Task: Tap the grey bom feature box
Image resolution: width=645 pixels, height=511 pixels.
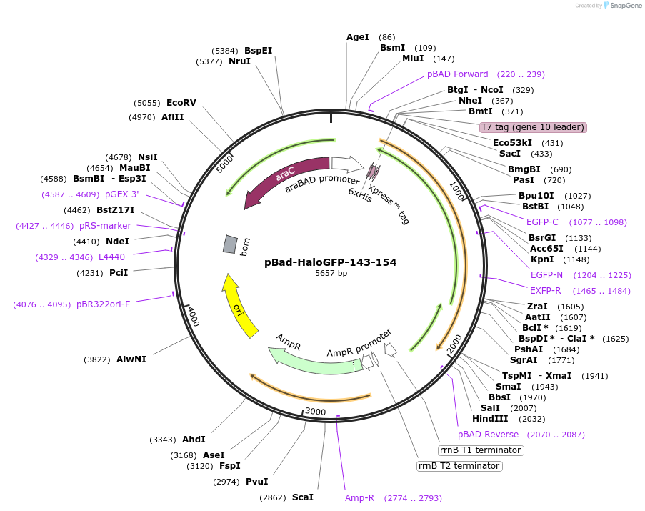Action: click(x=230, y=244)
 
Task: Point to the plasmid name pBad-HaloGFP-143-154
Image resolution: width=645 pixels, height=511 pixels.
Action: click(x=330, y=262)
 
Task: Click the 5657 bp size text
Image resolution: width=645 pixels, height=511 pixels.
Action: click(x=331, y=274)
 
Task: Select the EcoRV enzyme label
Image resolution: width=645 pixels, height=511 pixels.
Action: click(x=181, y=103)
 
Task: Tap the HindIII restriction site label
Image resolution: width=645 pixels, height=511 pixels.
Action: click(x=490, y=419)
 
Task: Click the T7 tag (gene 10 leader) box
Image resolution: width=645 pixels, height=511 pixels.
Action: click(x=533, y=127)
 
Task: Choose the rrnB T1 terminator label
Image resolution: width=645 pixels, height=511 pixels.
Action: click(x=481, y=450)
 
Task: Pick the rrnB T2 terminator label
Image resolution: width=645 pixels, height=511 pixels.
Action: click(x=459, y=466)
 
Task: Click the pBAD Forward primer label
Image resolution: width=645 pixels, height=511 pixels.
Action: click(x=458, y=74)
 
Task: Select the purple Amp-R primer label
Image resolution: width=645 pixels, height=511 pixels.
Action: click(x=359, y=497)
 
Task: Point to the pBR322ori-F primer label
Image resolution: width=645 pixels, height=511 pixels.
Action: click(x=103, y=304)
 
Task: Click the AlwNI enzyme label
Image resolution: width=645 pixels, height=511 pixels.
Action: click(x=131, y=359)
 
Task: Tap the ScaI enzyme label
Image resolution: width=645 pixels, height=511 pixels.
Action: click(x=302, y=497)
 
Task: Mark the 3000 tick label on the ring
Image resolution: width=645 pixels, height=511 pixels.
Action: click(x=315, y=412)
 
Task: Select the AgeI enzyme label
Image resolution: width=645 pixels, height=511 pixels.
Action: click(x=358, y=37)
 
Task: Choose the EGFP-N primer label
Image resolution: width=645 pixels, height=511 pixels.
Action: click(x=546, y=275)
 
